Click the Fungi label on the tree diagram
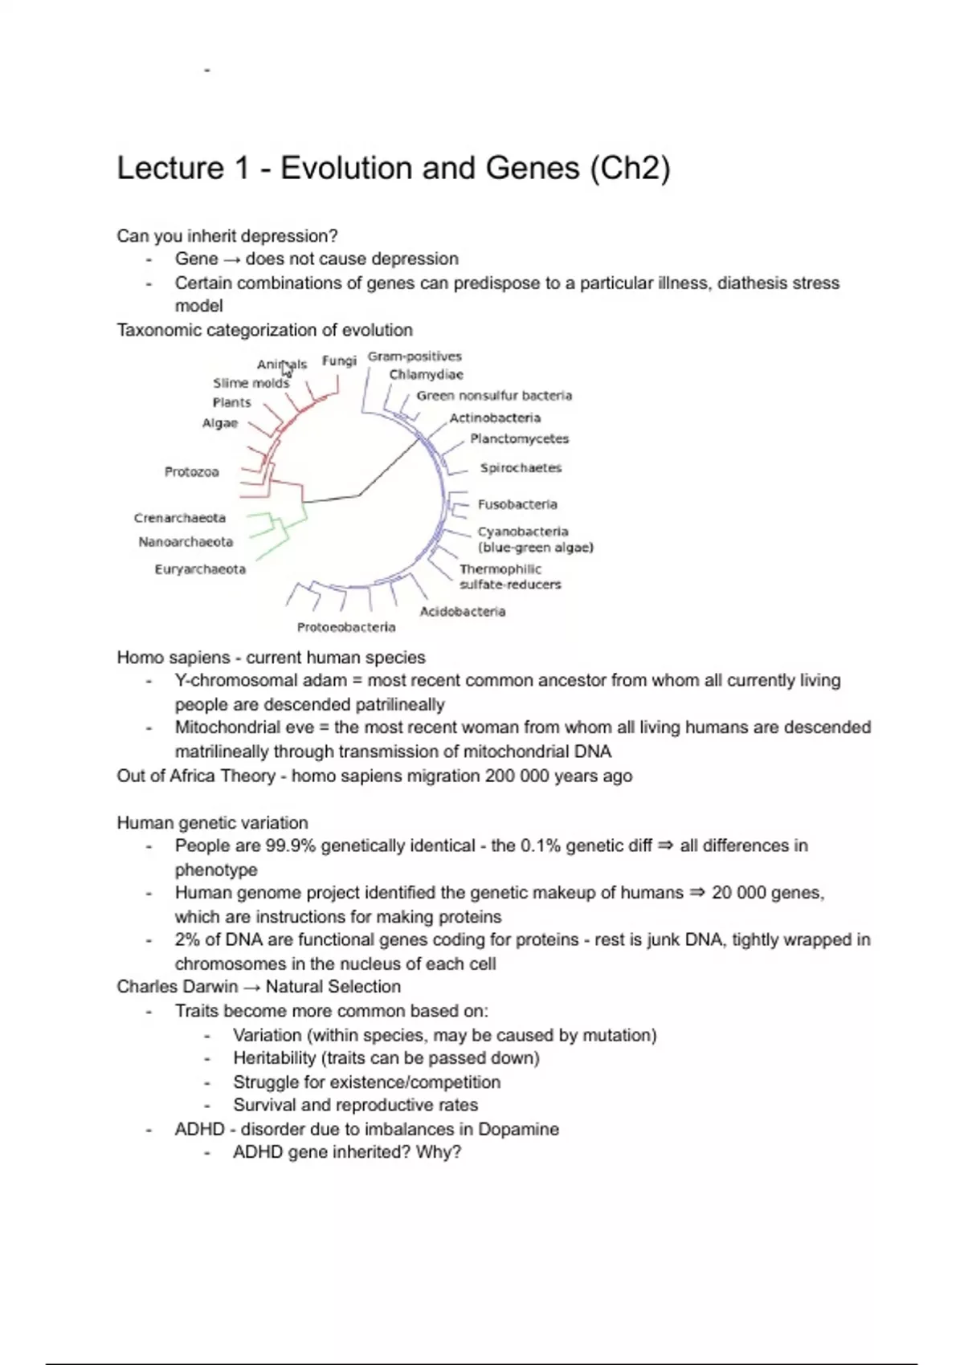pyautogui.click(x=338, y=361)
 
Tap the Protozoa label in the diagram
pyautogui.click(x=191, y=472)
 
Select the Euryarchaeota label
pyautogui.click(x=200, y=569)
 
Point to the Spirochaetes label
pyautogui.click(x=521, y=468)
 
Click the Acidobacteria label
pyautogui.click(x=463, y=612)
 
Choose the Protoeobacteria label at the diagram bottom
pyautogui.click(x=346, y=627)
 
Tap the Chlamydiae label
pyautogui.click(x=426, y=375)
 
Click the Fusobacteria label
pyautogui.click(x=517, y=504)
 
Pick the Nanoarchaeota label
pyautogui.click(x=186, y=542)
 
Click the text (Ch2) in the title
pyautogui.click(x=630, y=169)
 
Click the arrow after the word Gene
pyautogui.click(x=231, y=259)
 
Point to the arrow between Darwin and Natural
pyautogui.click(x=252, y=988)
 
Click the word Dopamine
pyautogui.click(x=518, y=1130)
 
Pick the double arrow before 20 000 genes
pyautogui.click(x=696, y=893)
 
